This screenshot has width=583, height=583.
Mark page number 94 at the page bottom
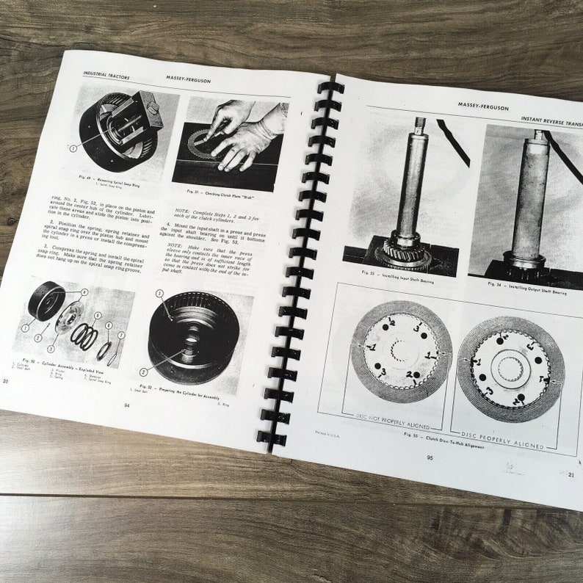click(x=126, y=405)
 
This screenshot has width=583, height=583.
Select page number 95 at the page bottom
click(x=429, y=457)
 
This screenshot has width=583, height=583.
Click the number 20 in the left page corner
click(x=6, y=380)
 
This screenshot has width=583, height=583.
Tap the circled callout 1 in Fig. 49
click(x=73, y=148)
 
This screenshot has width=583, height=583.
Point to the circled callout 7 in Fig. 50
click(x=122, y=336)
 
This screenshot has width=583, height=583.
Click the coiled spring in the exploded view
click(x=84, y=336)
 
